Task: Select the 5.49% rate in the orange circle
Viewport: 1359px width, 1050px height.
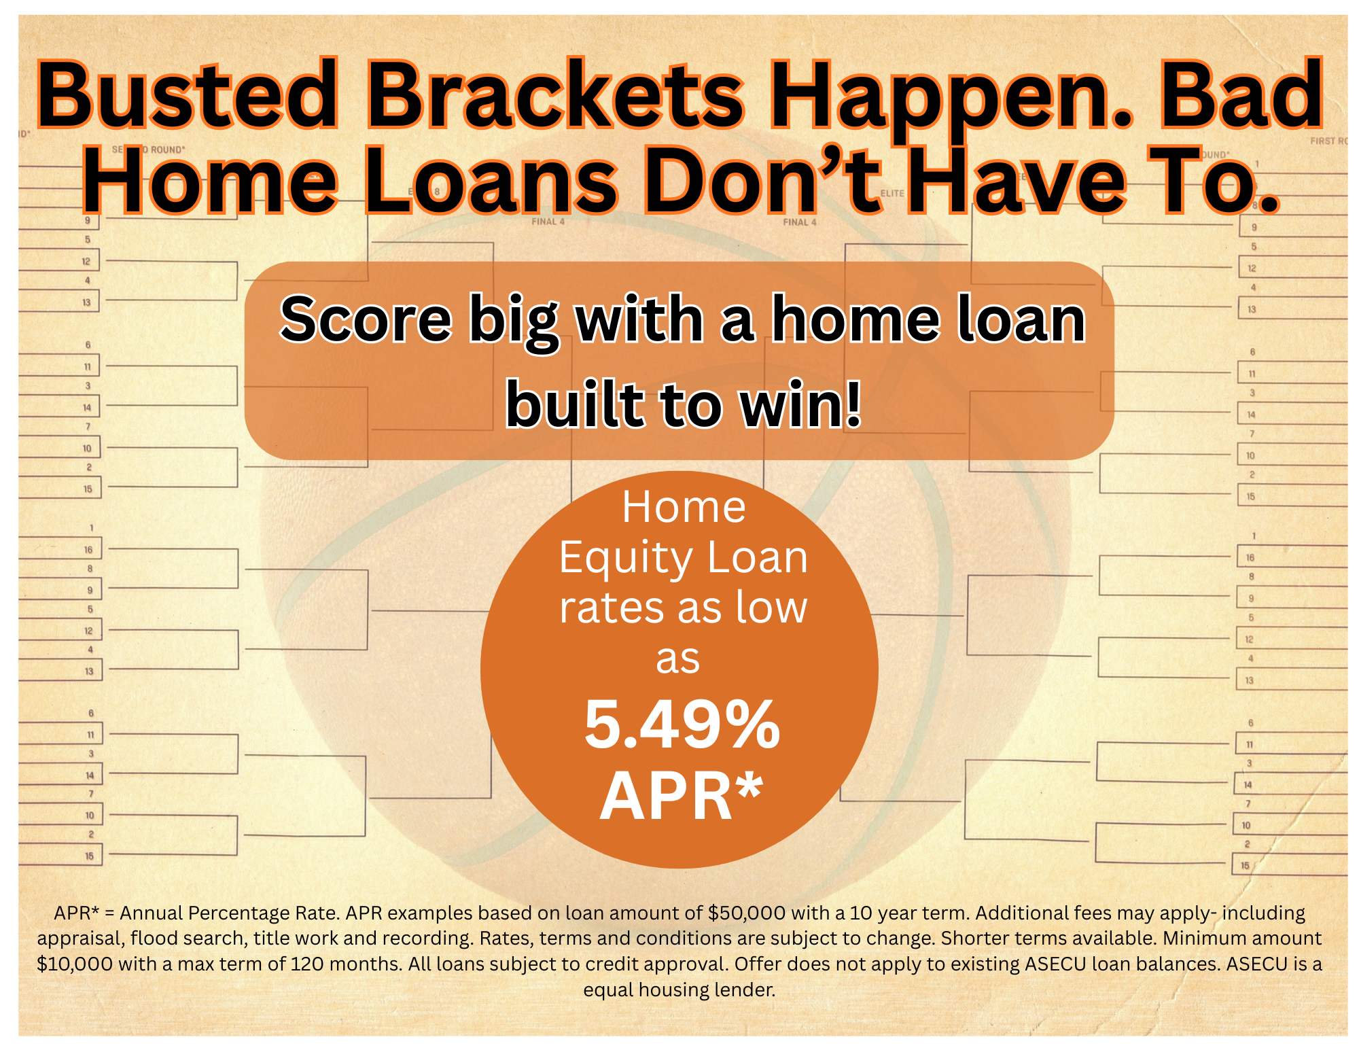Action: coord(682,726)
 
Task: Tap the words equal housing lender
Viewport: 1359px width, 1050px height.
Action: coord(679,990)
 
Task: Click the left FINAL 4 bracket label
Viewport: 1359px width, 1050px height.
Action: coord(548,222)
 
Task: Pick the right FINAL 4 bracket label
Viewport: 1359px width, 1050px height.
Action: coord(799,222)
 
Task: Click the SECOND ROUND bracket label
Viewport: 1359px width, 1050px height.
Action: coord(148,150)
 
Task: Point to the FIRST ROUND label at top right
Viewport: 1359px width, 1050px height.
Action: coord(1328,141)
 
